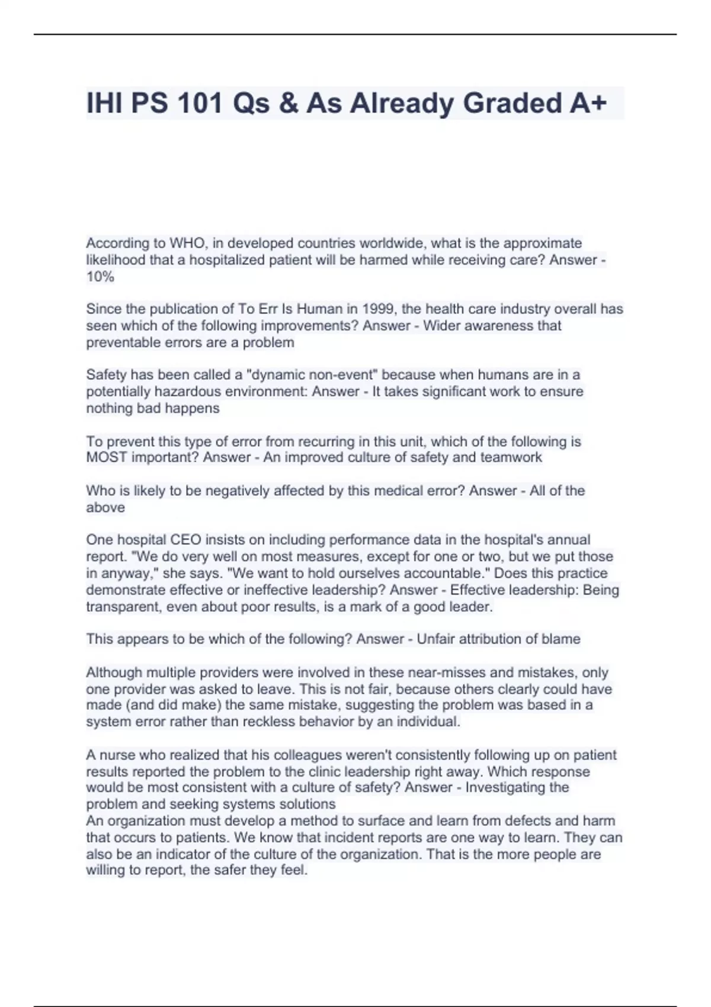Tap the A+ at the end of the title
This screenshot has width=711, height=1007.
588,103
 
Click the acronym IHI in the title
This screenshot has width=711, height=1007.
104,103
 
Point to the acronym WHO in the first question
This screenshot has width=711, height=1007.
185,243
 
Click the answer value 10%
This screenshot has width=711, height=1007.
100,277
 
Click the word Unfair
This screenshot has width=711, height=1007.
435,639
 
